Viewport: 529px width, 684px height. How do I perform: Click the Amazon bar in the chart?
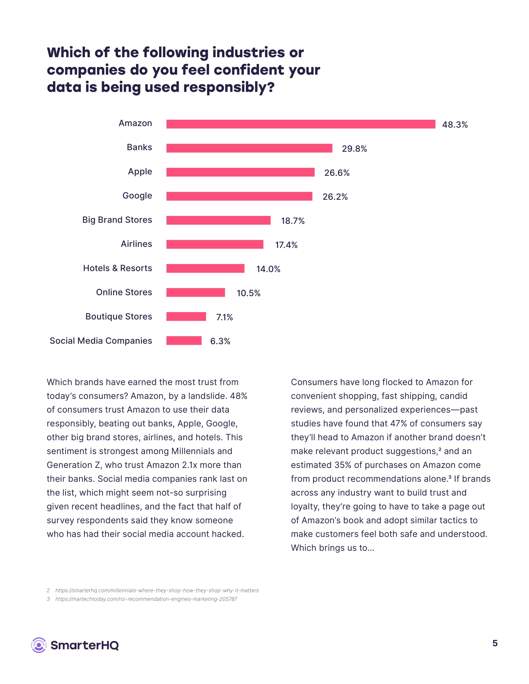tap(301, 124)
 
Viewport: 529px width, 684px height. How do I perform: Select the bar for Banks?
tap(249, 148)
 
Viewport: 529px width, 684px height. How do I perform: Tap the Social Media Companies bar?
tap(184, 340)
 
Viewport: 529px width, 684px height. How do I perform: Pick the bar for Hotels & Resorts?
tap(205, 268)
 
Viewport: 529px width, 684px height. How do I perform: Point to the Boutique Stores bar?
tap(186, 316)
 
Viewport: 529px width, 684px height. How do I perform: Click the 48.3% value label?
tap(455, 125)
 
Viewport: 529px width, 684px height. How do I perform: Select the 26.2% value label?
tap(335, 197)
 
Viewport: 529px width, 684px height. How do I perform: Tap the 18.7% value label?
tap(293, 221)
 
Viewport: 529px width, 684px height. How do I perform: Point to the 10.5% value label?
tap(248, 293)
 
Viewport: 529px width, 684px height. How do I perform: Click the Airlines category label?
tap(136, 244)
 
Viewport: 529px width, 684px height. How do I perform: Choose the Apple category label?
tap(140, 172)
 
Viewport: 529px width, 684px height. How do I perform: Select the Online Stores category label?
tap(124, 292)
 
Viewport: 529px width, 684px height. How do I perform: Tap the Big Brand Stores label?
tap(117, 220)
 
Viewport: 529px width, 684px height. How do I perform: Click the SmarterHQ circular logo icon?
tap(39, 645)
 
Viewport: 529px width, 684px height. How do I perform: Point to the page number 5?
tap(495, 643)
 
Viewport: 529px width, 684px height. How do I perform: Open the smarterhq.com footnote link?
tap(157, 590)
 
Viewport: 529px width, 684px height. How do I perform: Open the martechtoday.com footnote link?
tap(146, 599)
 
